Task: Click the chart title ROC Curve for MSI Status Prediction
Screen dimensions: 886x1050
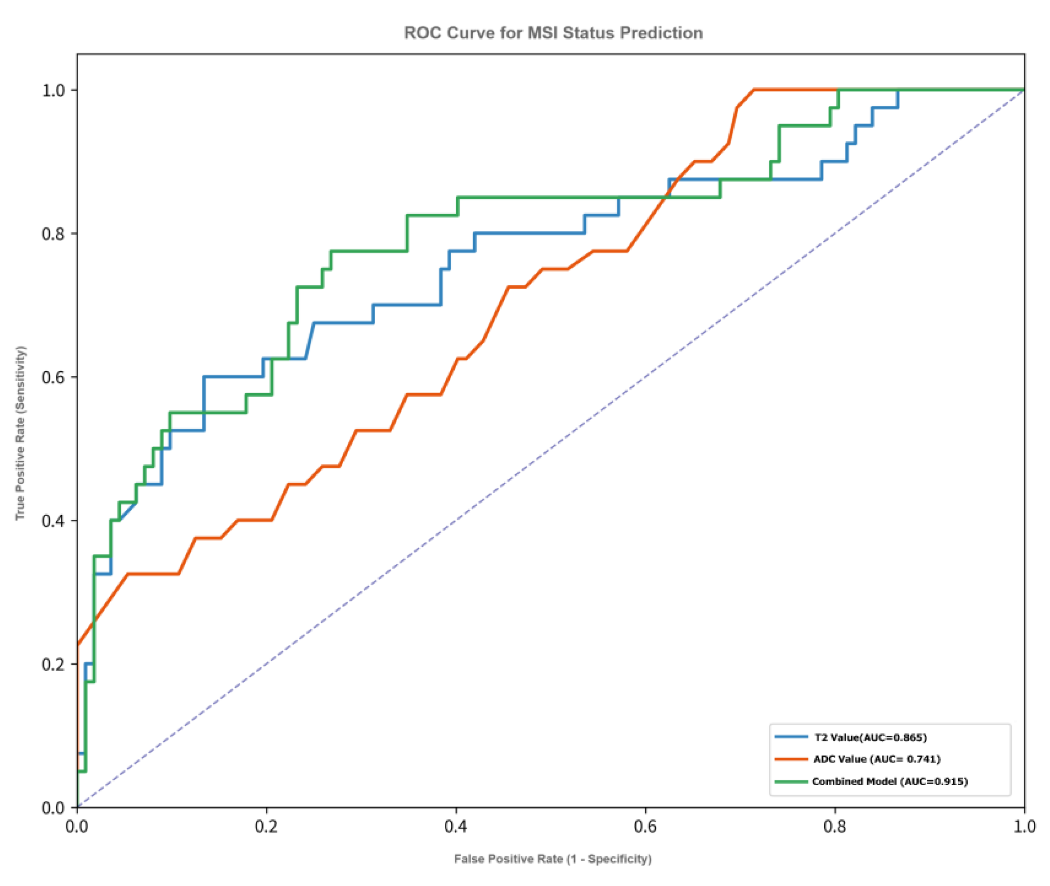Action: [553, 33]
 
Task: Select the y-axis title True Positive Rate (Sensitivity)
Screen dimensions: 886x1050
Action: [20, 433]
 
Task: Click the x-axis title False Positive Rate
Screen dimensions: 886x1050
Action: [552, 859]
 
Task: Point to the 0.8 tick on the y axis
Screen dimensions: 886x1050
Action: [53, 234]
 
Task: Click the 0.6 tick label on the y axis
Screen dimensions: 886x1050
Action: [53, 377]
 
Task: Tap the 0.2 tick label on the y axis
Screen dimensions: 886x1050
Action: [53, 665]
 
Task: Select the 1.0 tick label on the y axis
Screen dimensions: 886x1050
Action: [53, 90]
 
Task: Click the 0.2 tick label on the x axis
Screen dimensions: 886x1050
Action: [266, 827]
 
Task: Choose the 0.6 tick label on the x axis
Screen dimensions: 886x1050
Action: [645, 827]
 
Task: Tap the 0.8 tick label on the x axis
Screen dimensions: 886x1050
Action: [835, 827]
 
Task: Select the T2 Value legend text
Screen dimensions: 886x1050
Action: [870, 738]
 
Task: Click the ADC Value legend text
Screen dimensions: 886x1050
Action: [877, 759]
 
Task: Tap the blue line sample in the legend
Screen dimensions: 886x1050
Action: [791, 737]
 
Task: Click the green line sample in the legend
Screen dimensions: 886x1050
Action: [791, 782]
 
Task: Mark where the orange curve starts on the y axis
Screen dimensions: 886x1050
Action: [78, 644]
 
